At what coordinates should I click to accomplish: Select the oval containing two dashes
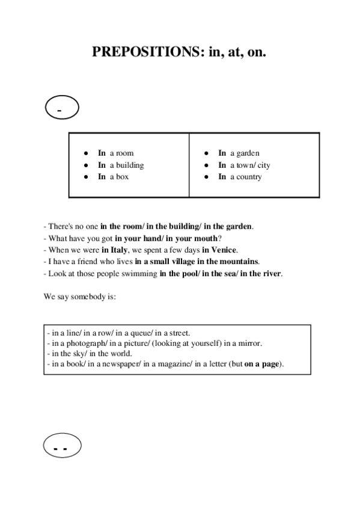pyautogui.click(x=62, y=447)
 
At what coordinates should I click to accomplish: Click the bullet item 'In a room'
pyautogui.click(x=115, y=153)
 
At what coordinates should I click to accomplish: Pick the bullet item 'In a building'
pyautogui.click(x=121, y=165)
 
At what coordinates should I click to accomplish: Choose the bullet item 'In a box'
pyautogui.click(x=113, y=177)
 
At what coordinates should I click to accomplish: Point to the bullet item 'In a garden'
pyautogui.click(x=239, y=153)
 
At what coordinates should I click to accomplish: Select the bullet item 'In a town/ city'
pyautogui.click(x=244, y=165)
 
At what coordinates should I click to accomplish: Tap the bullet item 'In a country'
pyautogui.click(x=240, y=177)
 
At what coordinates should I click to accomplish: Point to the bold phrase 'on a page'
pyautogui.click(x=263, y=364)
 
